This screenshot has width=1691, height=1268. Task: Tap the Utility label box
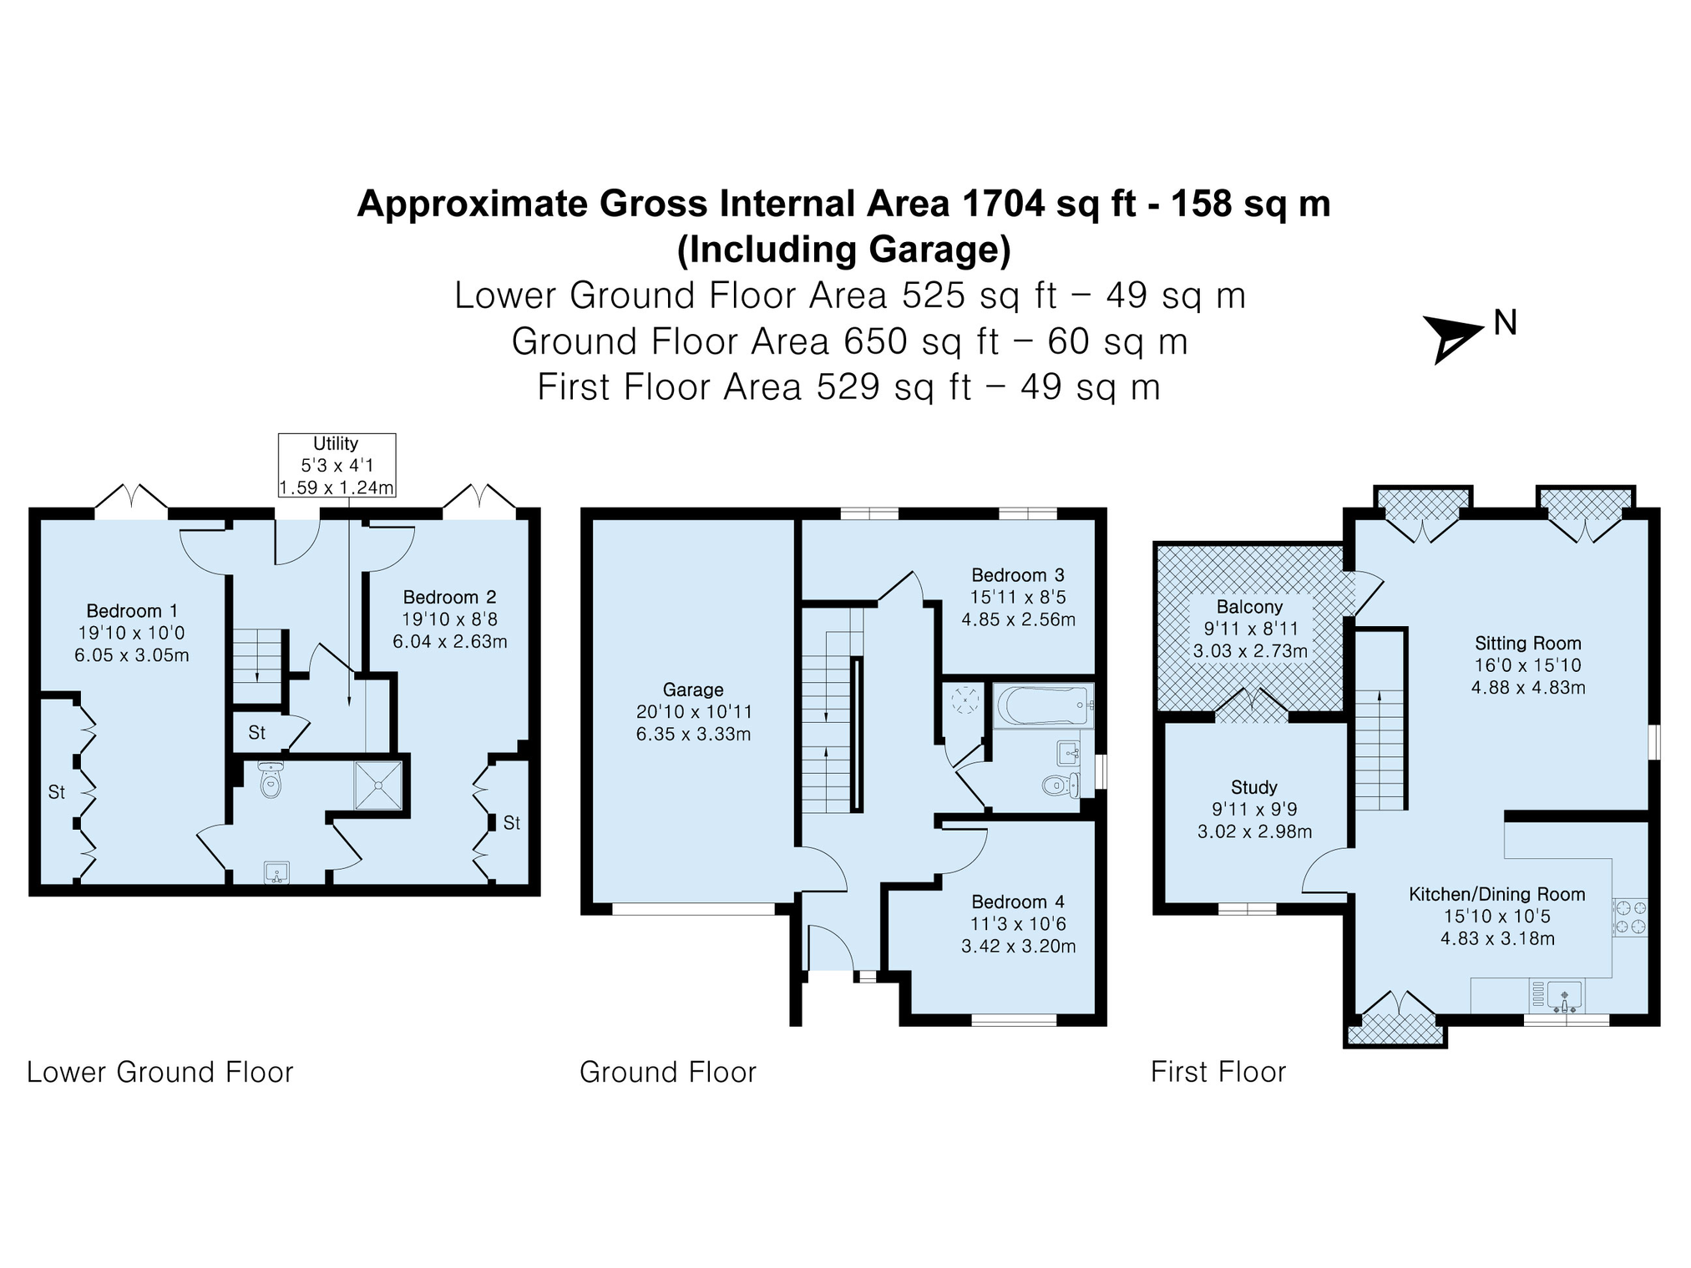pos(337,466)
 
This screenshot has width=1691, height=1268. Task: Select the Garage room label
pos(693,690)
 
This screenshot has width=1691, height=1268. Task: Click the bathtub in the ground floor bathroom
pos(1043,706)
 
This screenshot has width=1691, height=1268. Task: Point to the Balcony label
pos(1249,607)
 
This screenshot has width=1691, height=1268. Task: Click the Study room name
pos(1254,787)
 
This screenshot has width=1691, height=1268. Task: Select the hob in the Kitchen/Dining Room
pos(1630,916)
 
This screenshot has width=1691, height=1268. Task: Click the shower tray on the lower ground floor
pos(378,785)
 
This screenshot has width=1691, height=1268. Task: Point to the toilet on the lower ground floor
pos(271,780)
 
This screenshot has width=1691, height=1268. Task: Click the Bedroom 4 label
pos(1018,902)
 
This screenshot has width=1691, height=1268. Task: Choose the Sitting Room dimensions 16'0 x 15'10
pos(1527,665)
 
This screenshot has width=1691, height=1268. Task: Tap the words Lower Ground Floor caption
pos(160,1072)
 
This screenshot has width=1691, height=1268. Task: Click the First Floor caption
pos(1218,1072)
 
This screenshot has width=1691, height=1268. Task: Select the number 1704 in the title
pos(1003,203)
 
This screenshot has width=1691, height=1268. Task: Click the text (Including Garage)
pos(844,250)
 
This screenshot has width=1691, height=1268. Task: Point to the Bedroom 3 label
pos(1018,575)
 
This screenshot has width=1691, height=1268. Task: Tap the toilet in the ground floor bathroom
pos(1061,785)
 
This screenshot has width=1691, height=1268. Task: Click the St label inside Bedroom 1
pos(57,792)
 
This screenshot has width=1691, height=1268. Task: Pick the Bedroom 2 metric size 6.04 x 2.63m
pos(450,642)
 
